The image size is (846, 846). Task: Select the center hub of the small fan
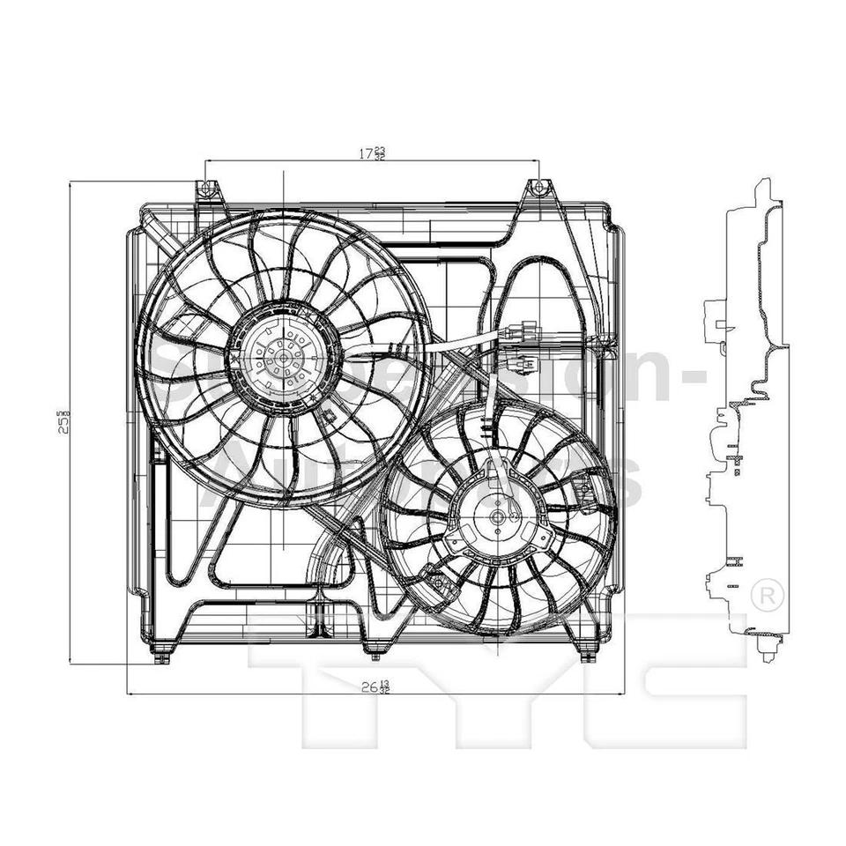pos(498,518)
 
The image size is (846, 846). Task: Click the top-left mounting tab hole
pos(205,188)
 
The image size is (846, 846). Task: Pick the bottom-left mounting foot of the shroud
pos(160,657)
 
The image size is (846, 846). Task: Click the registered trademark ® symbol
pos(769,592)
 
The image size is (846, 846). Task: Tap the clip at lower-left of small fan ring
pos(433,576)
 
